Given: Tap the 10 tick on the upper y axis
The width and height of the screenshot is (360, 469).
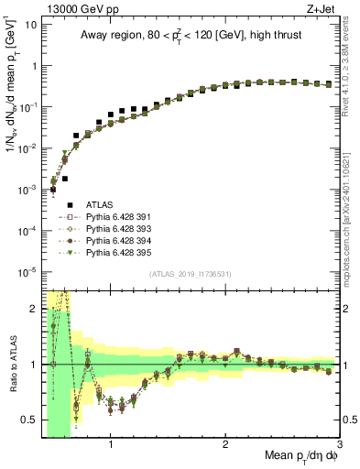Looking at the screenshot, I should pyautogui.click(x=29, y=25).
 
